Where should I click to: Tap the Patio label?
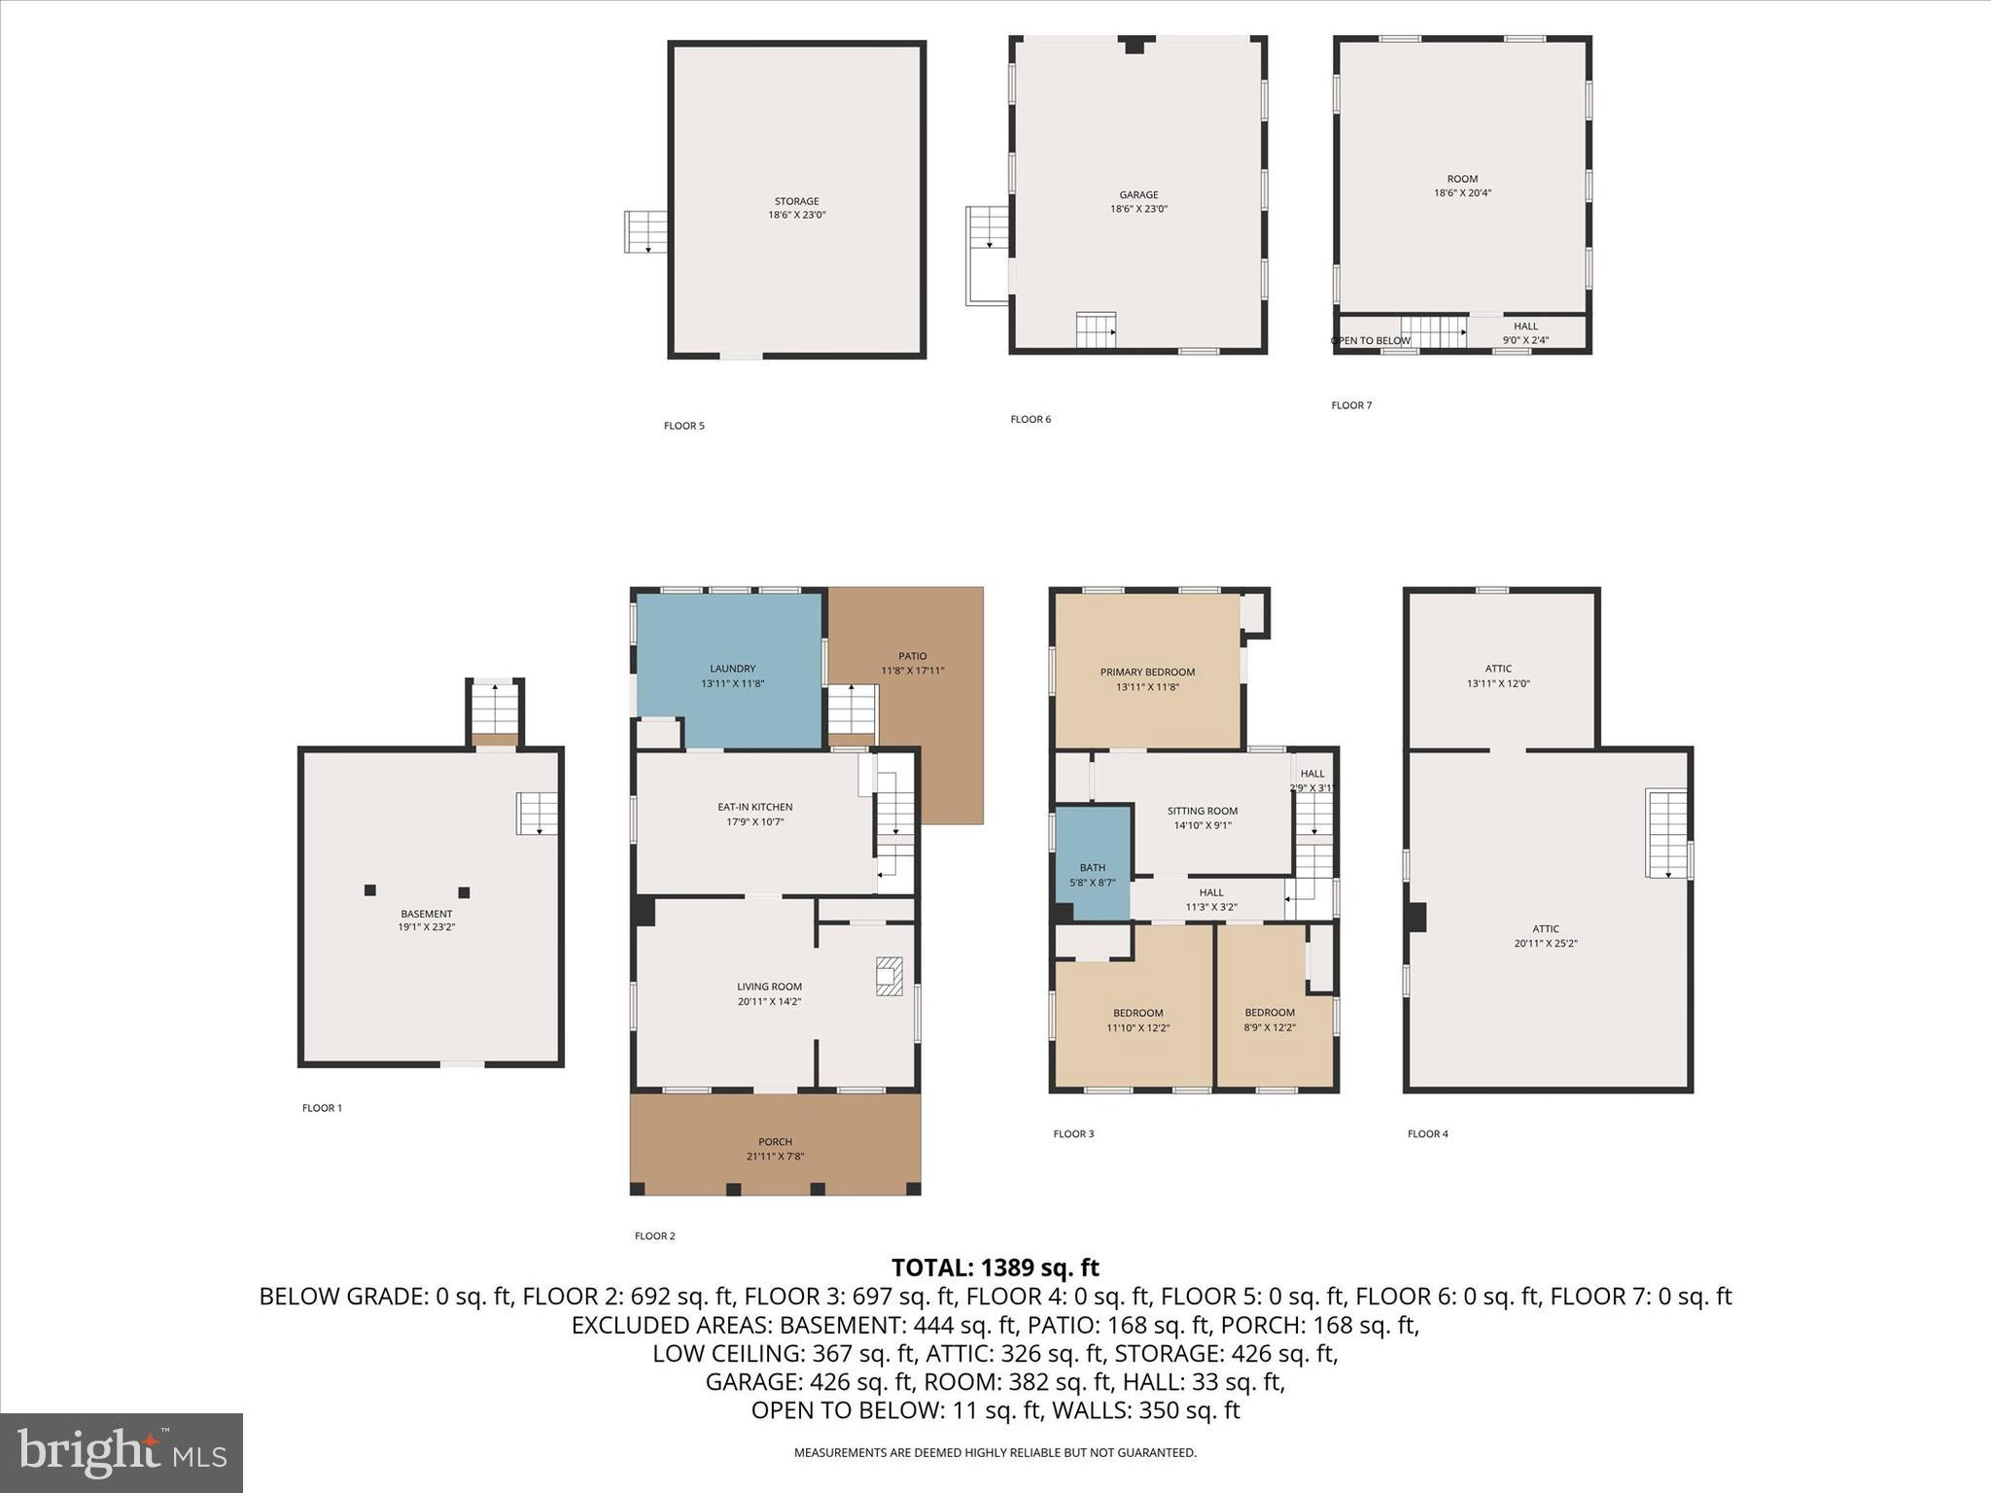[912, 656]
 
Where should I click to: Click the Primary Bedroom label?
[1147, 672]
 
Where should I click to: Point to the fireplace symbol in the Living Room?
[889, 976]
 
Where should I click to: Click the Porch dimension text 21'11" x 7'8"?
[775, 1157]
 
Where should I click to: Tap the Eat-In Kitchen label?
[754, 807]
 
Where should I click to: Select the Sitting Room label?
[1202, 811]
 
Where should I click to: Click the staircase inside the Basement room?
[537, 814]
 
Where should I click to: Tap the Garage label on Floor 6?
[1138, 194]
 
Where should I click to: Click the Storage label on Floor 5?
[796, 201]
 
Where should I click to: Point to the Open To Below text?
[1370, 341]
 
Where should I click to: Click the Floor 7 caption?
[1351, 405]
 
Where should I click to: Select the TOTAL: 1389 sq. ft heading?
[995, 1267]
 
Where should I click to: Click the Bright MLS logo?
[122, 1452]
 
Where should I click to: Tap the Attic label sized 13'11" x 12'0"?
[1498, 669]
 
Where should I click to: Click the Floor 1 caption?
[322, 1108]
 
